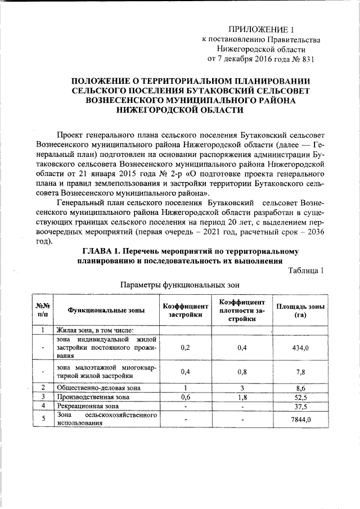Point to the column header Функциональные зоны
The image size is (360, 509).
106,310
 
